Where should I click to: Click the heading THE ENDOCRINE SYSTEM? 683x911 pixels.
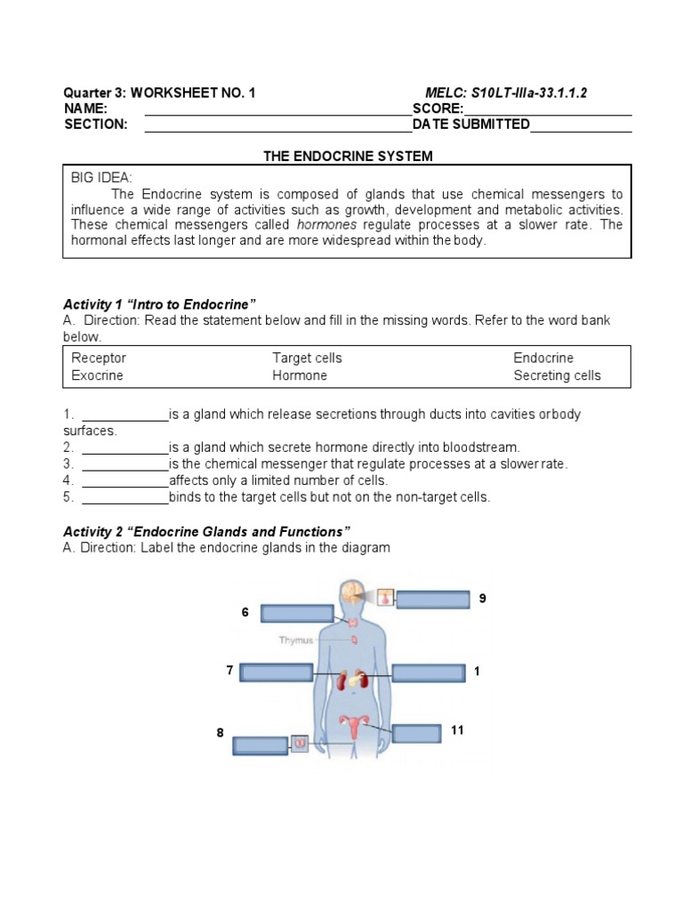[348, 157]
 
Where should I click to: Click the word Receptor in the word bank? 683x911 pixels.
[99, 358]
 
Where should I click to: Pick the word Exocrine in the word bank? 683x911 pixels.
[97, 375]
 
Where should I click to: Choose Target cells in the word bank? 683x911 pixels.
[307, 358]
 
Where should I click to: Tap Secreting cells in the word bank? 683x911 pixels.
[557, 375]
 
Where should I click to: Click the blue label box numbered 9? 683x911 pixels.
[432, 600]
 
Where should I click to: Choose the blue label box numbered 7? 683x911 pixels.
[276, 673]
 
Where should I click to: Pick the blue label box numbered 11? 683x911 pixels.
[416, 734]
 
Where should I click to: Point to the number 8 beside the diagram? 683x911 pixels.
[220, 733]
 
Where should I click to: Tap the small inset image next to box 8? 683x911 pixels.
[300, 743]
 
